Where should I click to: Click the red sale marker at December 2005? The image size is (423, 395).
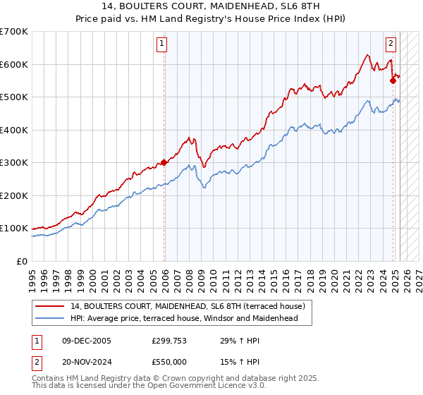164,162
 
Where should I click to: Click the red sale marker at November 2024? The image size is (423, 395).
393,80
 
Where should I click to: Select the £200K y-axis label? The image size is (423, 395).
14,195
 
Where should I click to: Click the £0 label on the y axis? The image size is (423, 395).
21,261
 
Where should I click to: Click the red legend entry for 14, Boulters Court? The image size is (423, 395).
187,306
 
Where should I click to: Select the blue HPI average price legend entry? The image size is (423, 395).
184,318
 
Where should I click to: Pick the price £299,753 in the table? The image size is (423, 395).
169,341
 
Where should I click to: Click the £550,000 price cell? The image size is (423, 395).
169,363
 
